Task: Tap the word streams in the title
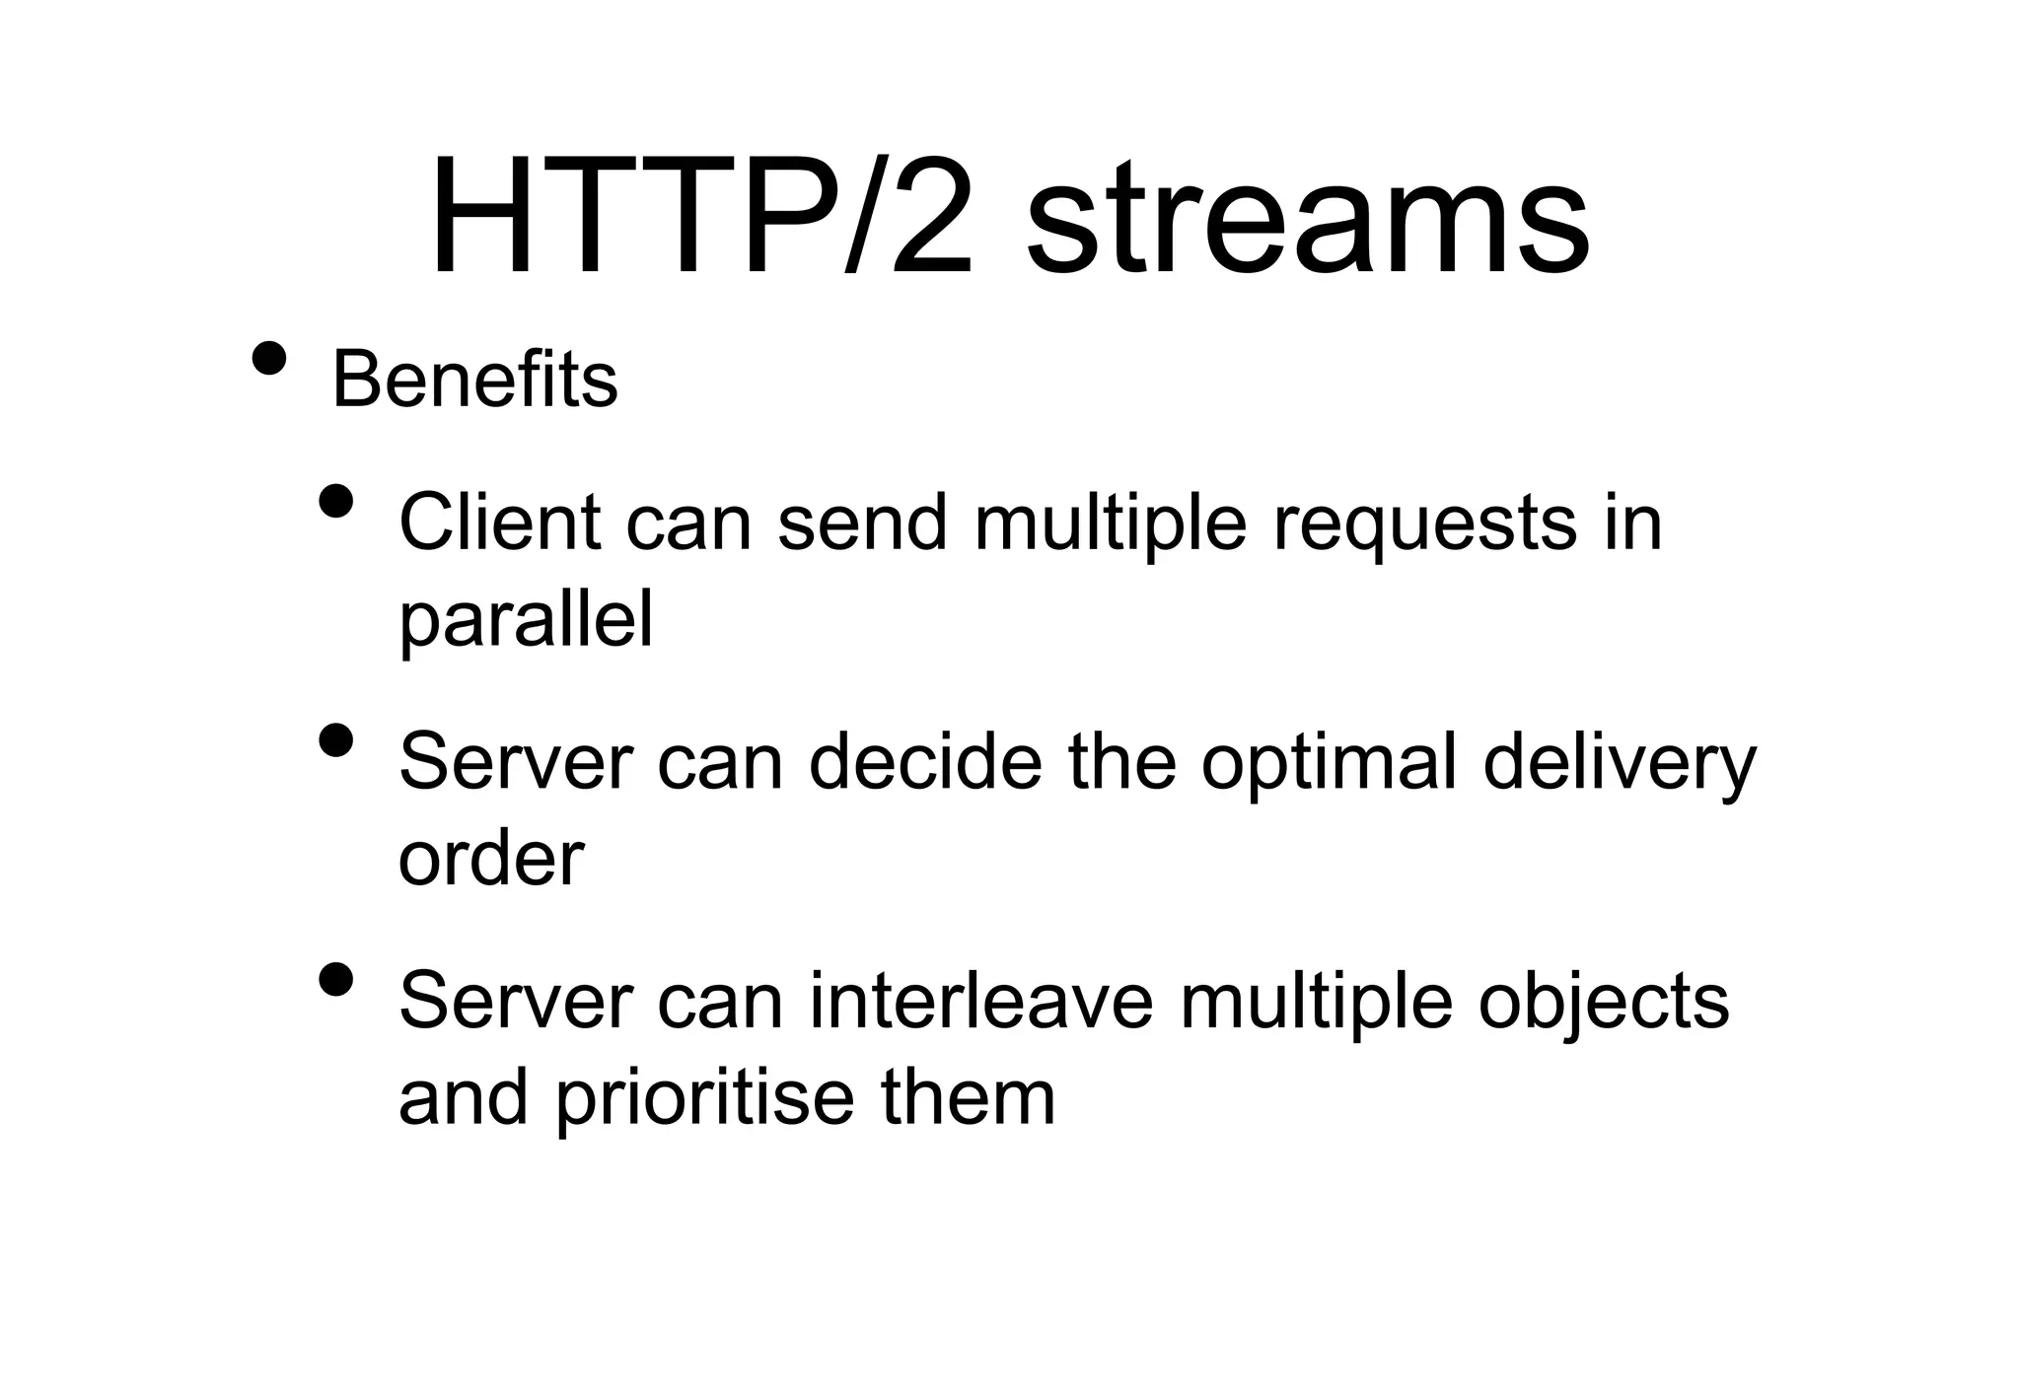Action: click(x=1307, y=223)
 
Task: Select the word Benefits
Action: click(x=474, y=380)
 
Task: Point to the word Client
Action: click(x=499, y=522)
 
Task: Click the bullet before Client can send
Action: click(x=336, y=501)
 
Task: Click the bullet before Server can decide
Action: click(x=336, y=740)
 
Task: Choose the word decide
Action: click(x=925, y=761)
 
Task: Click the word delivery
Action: click(x=1620, y=765)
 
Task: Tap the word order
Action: click(x=490, y=859)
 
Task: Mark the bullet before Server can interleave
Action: click(x=336, y=980)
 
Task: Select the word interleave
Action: click(x=981, y=1001)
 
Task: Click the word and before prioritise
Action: click(x=464, y=1097)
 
